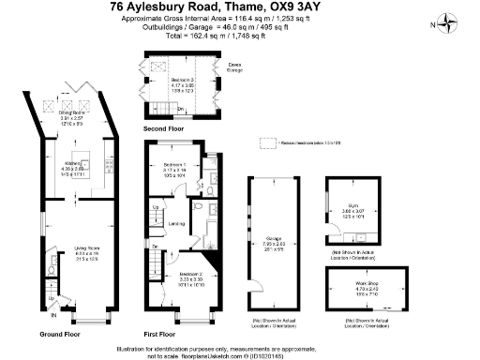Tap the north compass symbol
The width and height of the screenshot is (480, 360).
point(449,22)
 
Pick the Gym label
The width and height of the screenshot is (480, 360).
point(351,208)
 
